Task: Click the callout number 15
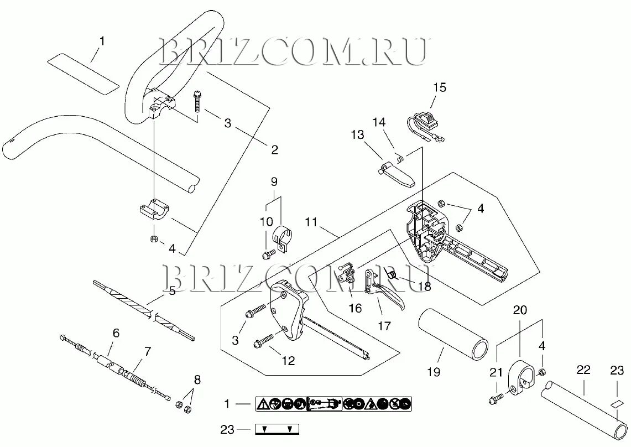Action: (439, 87)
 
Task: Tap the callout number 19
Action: (434, 371)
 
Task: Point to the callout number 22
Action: (583, 370)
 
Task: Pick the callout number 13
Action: (358, 135)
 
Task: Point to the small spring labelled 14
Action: (400, 158)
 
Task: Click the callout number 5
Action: (172, 290)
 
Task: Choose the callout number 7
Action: (147, 351)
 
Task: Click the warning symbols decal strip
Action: (333, 404)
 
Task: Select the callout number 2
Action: (274, 149)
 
